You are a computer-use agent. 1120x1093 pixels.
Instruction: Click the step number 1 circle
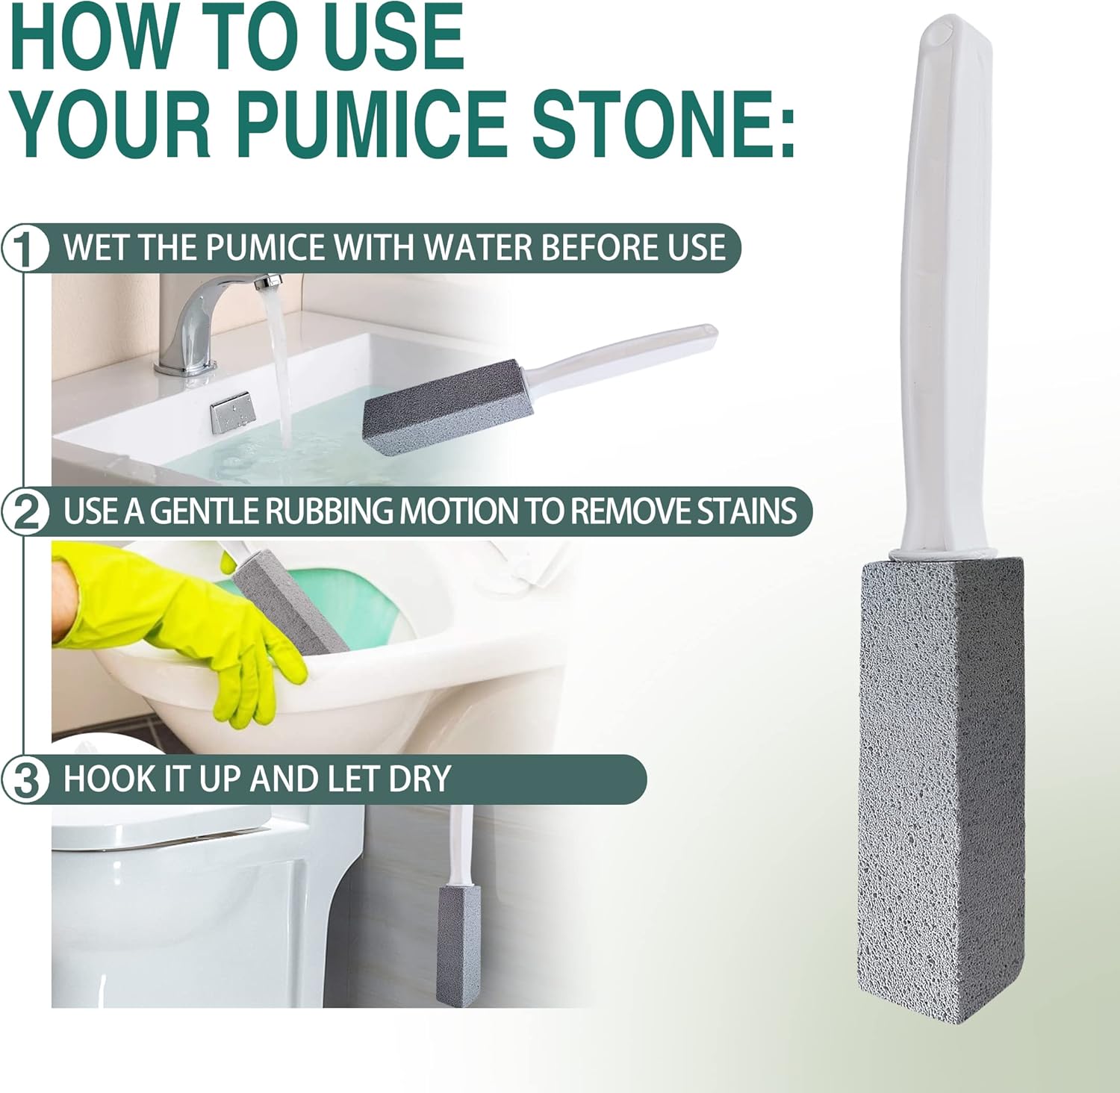[x=25, y=249]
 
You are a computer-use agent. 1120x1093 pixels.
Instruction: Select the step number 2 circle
[x=25, y=513]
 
